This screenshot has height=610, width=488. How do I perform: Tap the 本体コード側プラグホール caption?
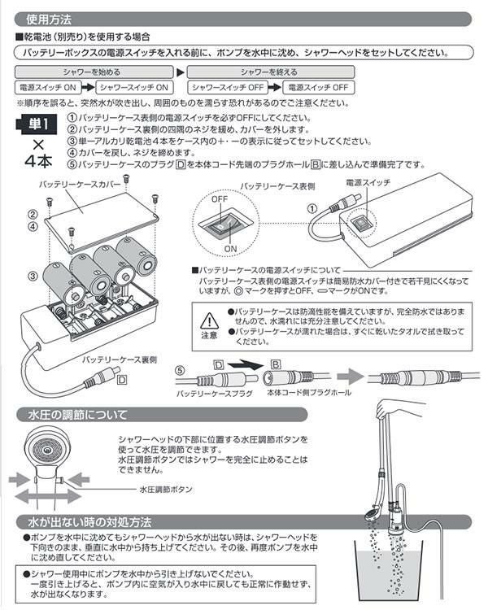[x=299, y=394]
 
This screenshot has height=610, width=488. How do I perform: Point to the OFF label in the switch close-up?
[x=220, y=199]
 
